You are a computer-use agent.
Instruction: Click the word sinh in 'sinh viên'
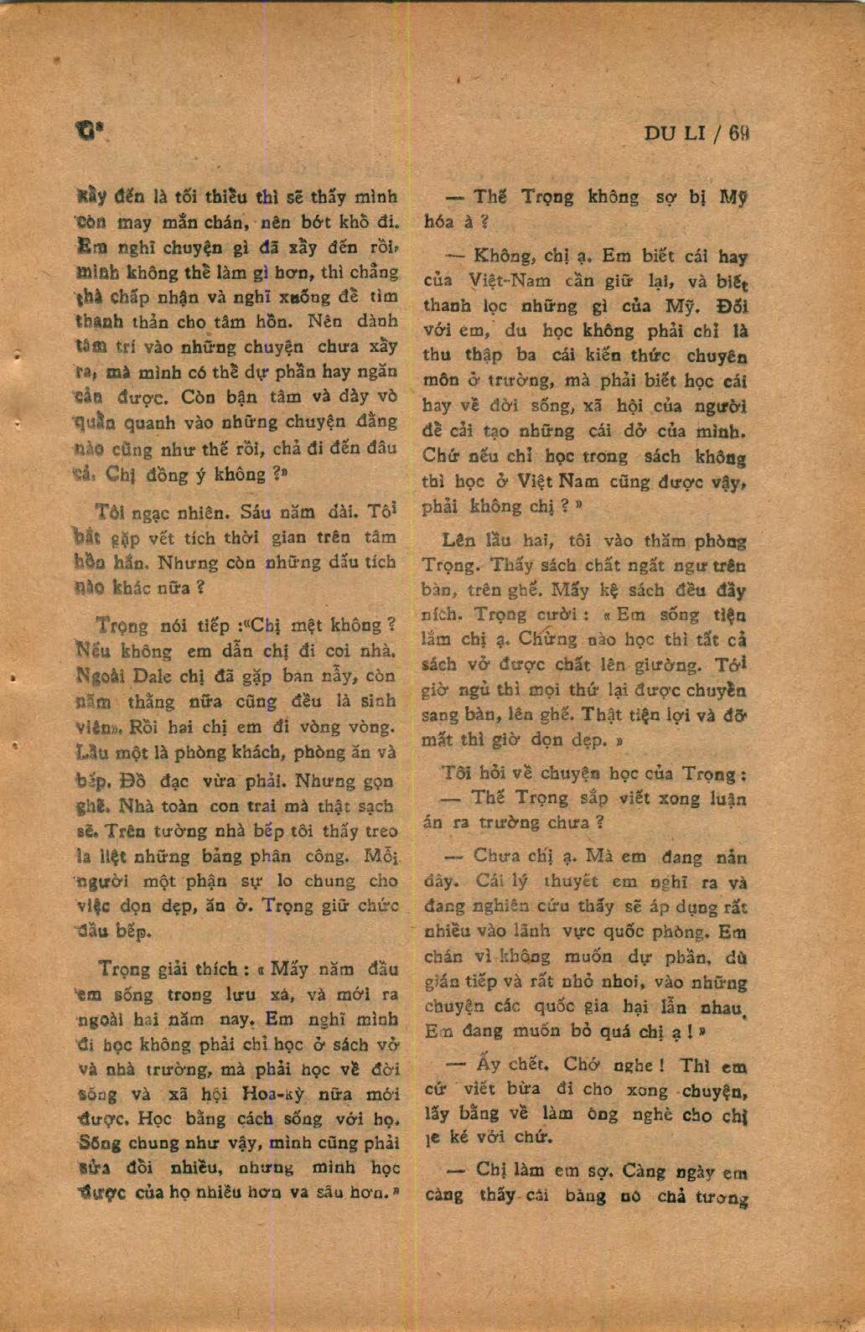point(377,700)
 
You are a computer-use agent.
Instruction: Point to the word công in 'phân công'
point(326,856)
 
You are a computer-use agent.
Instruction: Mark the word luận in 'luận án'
point(727,798)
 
